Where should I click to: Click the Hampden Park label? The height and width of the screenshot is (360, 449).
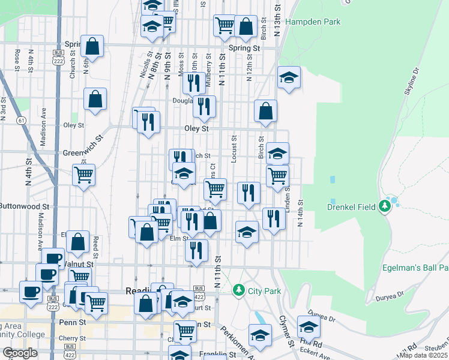pos(313,22)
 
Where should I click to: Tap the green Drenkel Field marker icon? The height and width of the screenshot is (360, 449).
pos(385,207)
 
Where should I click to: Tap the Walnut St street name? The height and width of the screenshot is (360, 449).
pos(80,263)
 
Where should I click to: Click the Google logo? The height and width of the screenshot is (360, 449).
pos(20,353)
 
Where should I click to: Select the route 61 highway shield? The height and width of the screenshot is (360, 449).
pos(22,120)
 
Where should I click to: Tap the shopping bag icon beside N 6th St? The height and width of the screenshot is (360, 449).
pos(92,46)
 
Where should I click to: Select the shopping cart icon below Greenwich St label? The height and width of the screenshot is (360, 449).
pos(83,175)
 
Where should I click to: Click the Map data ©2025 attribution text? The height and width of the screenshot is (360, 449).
pos(424,355)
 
